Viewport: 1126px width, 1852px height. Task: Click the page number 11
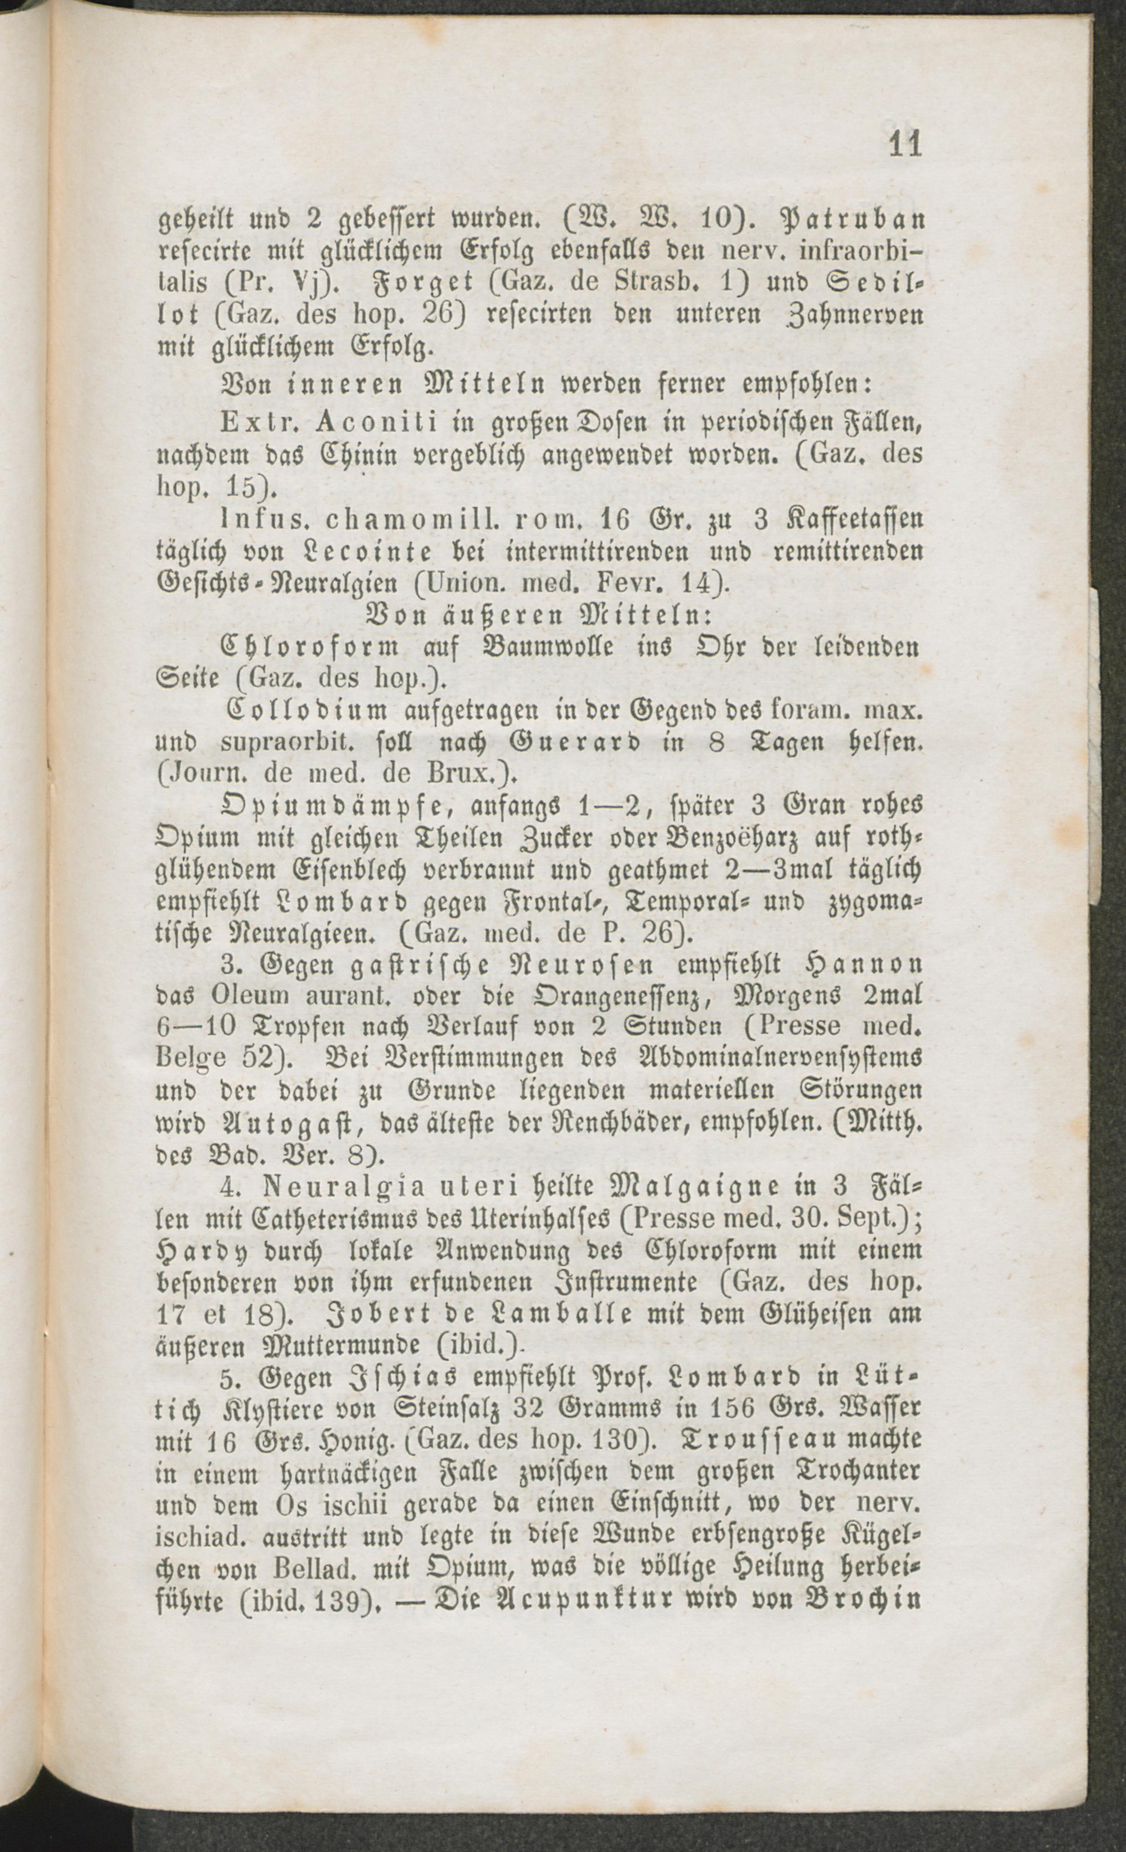coord(905,144)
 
